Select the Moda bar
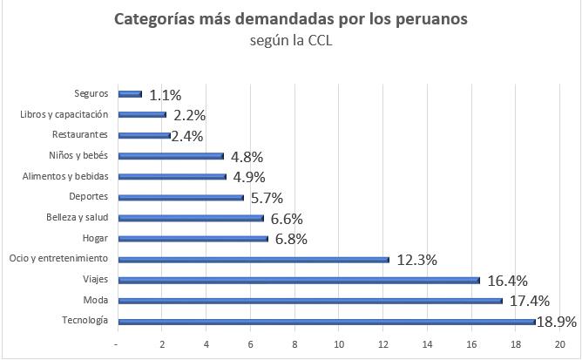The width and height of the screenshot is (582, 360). point(309,301)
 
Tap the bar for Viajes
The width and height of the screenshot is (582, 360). point(298,280)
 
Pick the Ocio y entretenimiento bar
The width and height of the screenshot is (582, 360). point(253,259)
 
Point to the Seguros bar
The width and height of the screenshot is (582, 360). point(129,93)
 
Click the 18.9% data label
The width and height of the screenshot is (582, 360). point(557,323)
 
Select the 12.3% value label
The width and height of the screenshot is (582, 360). point(416,260)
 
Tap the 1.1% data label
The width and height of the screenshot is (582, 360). point(166,94)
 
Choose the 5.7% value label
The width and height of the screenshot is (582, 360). point(267,198)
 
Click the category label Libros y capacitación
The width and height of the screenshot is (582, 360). point(64,114)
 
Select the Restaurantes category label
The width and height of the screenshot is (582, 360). point(80,135)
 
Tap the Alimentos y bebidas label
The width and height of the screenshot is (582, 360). point(64,176)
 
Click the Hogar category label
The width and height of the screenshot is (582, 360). point(94,238)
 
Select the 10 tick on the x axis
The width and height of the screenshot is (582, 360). point(339,343)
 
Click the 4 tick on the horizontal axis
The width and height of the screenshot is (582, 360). point(206,343)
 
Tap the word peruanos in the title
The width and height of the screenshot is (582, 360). point(430,19)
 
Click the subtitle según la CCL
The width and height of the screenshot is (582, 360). point(291,39)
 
